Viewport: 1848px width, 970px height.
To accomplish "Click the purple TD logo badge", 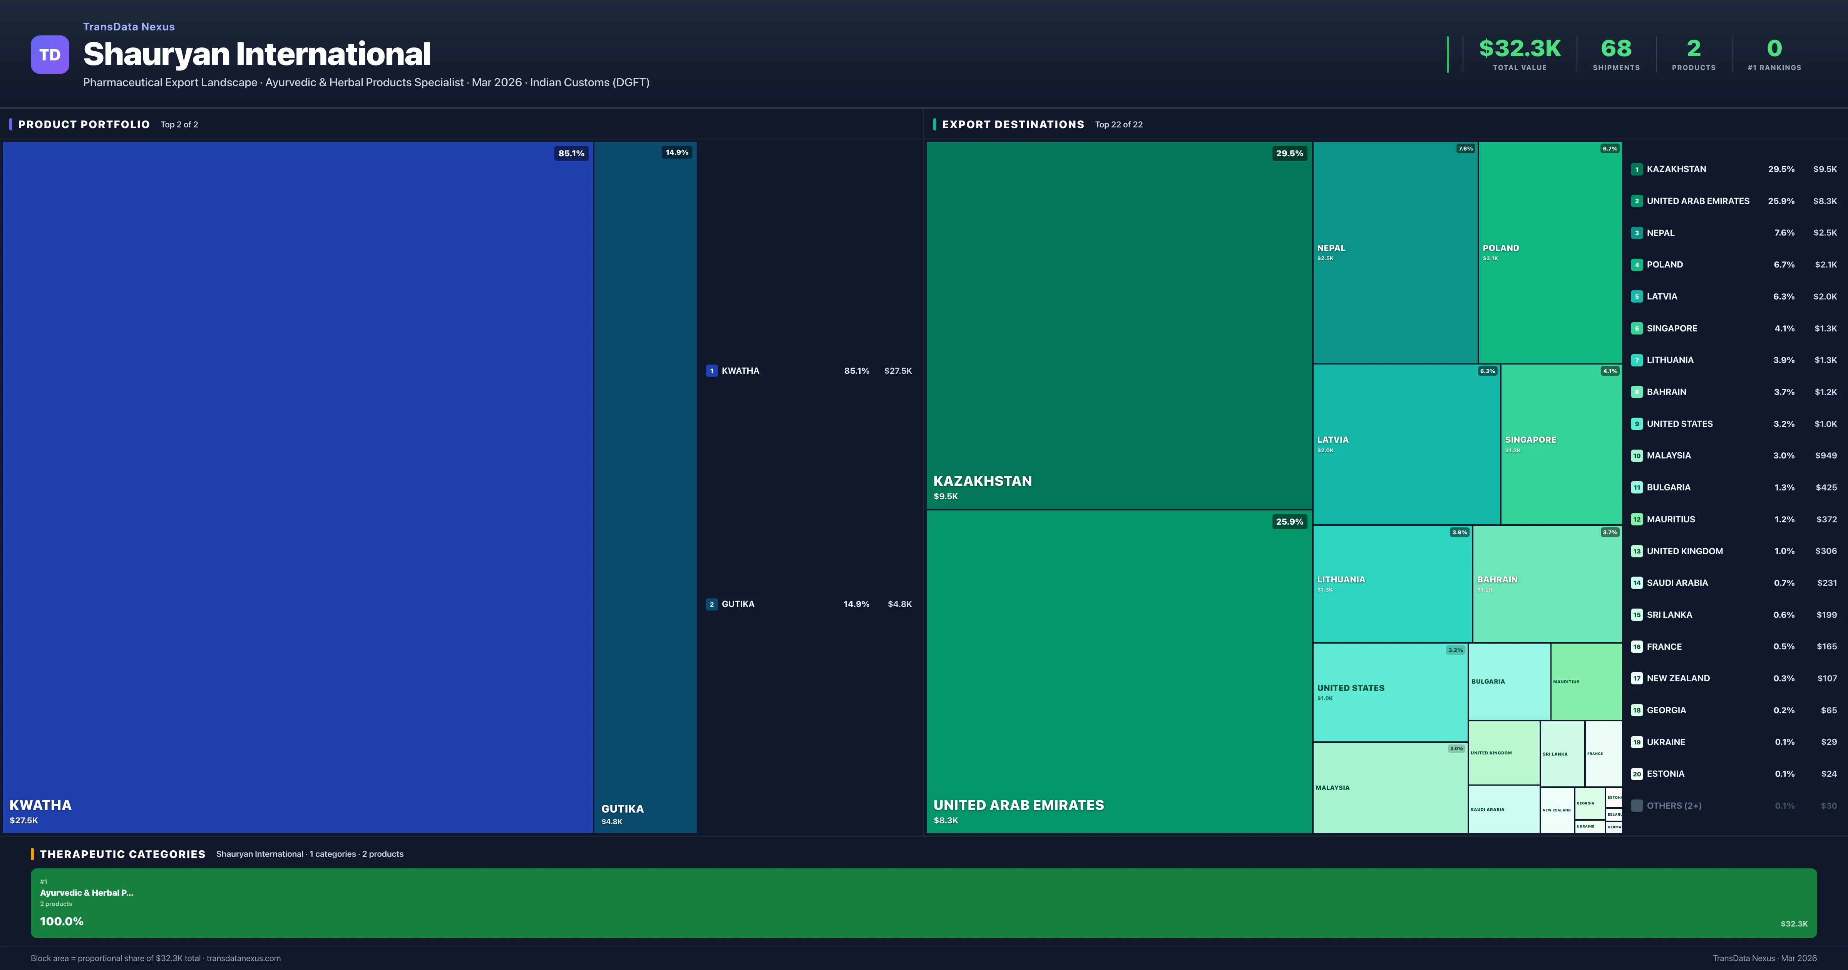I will pyautogui.click(x=50, y=55).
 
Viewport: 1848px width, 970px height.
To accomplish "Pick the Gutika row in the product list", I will pyautogui.click(x=738, y=604).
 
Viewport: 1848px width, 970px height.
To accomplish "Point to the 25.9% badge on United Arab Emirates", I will pyautogui.click(x=1289, y=522).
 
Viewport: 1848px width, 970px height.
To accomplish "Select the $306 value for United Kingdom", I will pyautogui.click(x=1826, y=551).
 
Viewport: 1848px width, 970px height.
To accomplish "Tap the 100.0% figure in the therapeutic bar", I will pyautogui.click(x=62, y=921).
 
